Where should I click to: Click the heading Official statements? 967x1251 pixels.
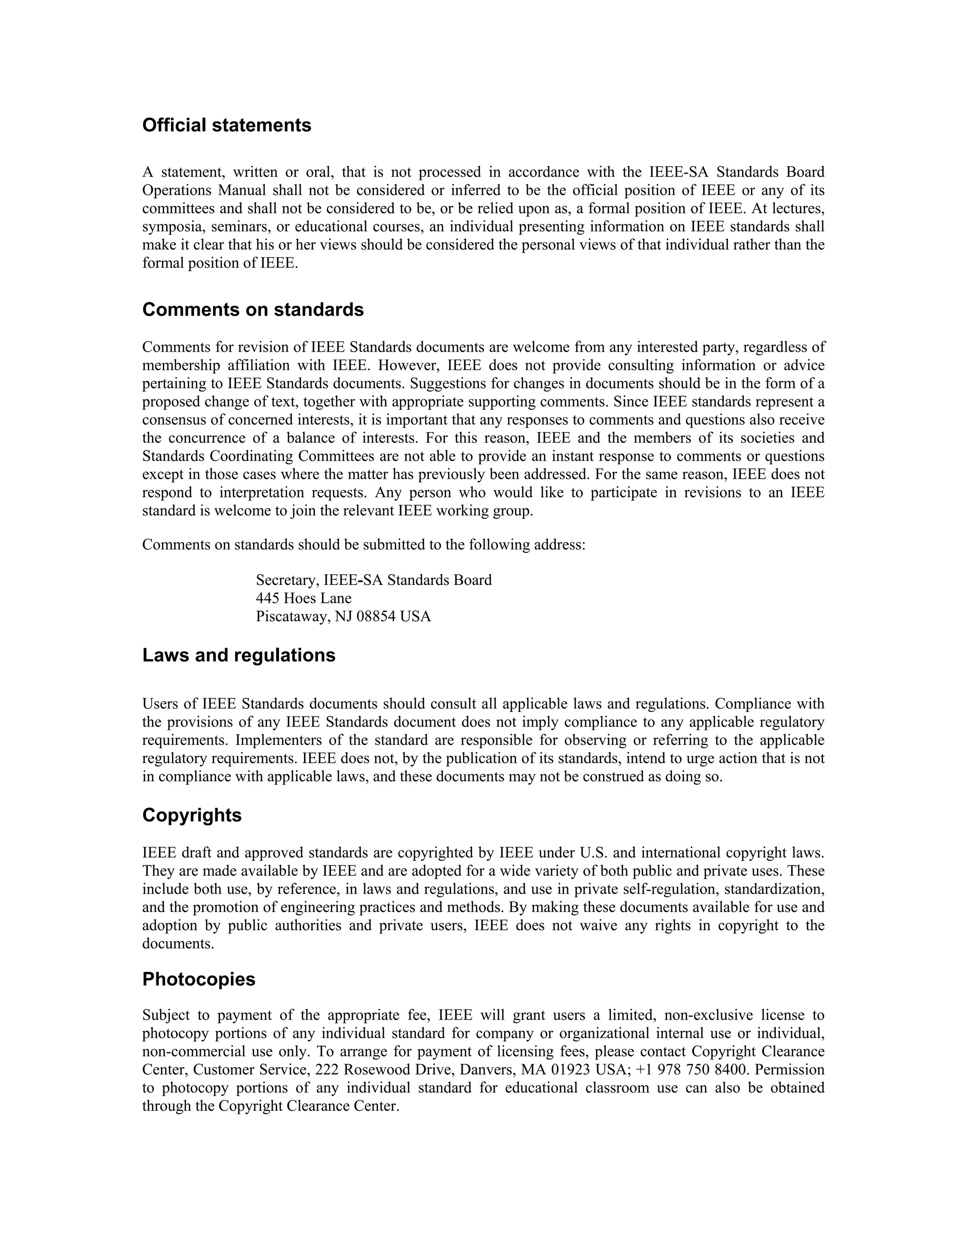coord(226,126)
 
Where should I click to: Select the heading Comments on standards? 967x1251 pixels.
coord(253,310)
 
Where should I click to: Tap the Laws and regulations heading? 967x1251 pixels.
coord(238,655)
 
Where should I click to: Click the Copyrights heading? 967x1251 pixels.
coord(191,815)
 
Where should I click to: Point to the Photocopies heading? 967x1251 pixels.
coord(198,979)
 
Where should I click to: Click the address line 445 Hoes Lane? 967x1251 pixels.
coord(303,599)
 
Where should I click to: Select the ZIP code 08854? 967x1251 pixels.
coord(376,617)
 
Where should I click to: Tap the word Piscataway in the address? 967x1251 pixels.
coord(290,617)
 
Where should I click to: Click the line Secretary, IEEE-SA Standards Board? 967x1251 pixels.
coord(373,580)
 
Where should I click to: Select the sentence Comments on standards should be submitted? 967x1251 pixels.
coord(363,545)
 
